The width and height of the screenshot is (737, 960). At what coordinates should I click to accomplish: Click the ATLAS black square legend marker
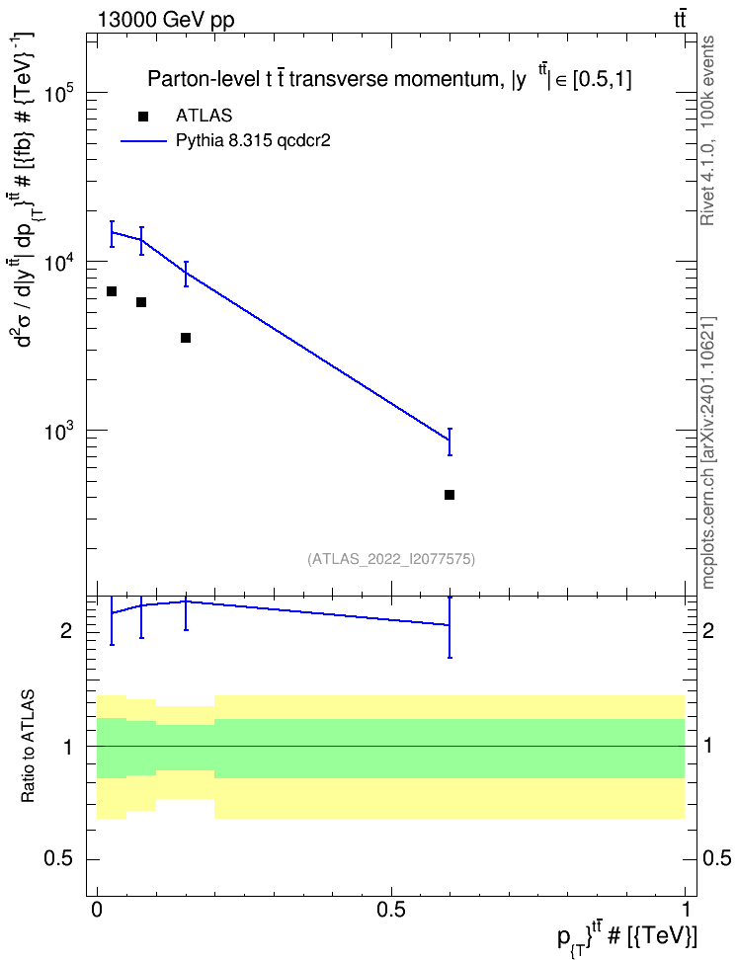click(143, 117)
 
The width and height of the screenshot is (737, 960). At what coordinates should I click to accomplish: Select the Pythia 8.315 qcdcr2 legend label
click(253, 141)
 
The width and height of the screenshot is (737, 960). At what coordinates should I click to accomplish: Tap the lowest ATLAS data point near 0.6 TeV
click(450, 495)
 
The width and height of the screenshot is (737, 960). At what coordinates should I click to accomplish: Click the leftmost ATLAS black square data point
click(112, 291)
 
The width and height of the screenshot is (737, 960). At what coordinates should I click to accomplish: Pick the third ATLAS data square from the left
click(186, 338)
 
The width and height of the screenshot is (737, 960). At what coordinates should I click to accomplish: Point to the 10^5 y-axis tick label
click(60, 94)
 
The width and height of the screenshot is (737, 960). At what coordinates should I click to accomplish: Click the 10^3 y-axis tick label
click(60, 432)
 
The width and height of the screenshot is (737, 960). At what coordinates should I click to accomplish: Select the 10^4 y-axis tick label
click(60, 263)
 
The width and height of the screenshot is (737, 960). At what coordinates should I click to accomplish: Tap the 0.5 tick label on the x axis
click(391, 910)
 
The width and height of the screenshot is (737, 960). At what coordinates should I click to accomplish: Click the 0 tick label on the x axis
click(97, 910)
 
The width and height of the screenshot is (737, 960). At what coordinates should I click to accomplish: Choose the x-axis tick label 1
click(686, 910)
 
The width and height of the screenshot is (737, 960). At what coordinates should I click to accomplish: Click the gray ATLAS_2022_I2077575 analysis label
click(391, 559)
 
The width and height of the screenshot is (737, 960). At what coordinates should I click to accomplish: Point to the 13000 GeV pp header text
click(165, 21)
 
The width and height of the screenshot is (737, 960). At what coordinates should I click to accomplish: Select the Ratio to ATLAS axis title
click(28, 746)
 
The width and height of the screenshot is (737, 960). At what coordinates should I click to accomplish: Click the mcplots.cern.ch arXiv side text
click(708, 453)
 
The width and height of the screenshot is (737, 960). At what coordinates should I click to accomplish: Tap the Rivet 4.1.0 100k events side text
click(708, 130)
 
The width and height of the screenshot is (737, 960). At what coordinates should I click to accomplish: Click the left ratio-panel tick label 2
click(67, 630)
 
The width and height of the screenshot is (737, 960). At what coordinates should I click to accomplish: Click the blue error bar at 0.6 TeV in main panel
click(450, 442)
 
